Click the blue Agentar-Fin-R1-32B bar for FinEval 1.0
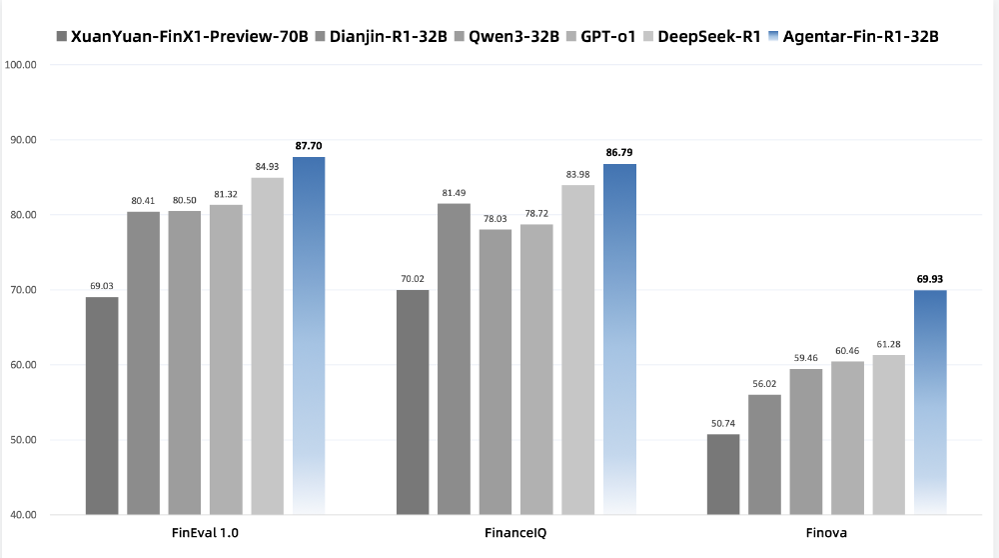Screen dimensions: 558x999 point(309,335)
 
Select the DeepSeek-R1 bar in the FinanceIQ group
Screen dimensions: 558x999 point(578,350)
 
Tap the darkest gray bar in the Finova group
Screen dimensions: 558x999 point(723,475)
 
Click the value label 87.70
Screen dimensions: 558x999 point(309,146)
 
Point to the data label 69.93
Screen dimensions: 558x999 point(930,279)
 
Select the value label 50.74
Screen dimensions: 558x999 point(723,423)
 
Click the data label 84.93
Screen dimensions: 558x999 point(268,167)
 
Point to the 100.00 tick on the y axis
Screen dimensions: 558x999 point(20,65)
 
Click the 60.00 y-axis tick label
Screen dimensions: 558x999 point(20,365)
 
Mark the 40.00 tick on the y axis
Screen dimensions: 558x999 point(20,515)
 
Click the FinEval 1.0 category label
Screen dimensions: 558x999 point(205,534)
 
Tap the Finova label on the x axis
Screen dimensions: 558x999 point(826,534)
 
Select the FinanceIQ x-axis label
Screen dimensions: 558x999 point(515,534)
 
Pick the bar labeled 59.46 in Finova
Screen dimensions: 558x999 point(806,442)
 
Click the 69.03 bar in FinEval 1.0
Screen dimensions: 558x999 point(102,405)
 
